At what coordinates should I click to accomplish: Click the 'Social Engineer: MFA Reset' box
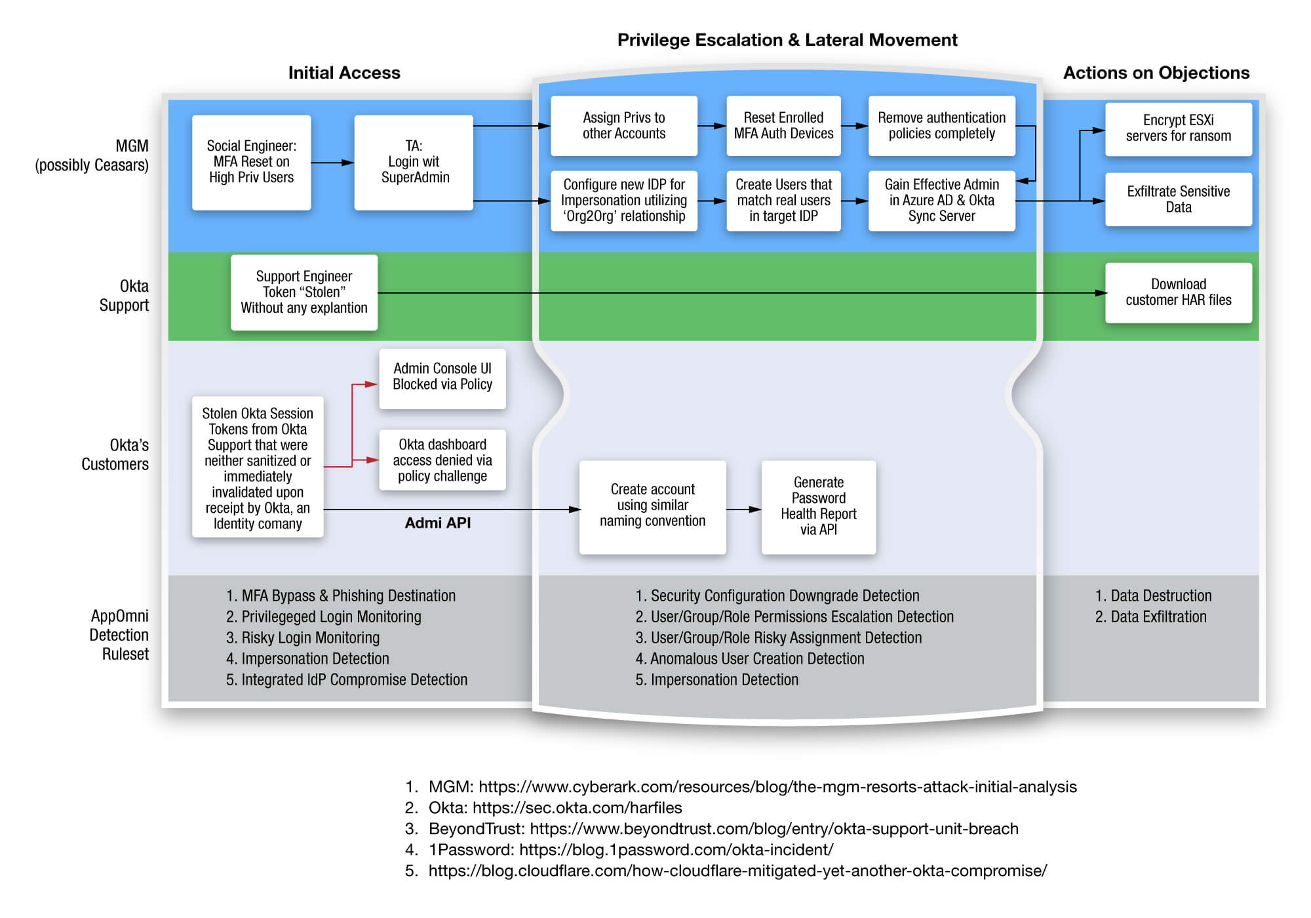(x=251, y=162)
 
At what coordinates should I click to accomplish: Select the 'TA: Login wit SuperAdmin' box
(x=414, y=162)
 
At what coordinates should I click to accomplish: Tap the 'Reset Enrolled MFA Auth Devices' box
(x=783, y=126)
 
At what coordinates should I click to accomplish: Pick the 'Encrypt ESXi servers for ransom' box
(x=1178, y=129)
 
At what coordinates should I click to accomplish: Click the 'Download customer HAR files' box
(x=1178, y=292)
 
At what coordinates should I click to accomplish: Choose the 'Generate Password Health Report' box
(x=818, y=507)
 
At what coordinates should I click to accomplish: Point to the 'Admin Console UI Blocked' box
(x=442, y=378)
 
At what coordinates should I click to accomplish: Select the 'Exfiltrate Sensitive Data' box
(x=1178, y=199)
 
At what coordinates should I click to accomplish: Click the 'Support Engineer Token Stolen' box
(x=303, y=292)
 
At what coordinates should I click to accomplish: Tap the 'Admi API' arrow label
(x=437, y=523)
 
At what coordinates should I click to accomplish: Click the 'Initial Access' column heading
(x=344, y=73)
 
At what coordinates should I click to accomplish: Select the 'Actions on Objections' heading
(x=1156, y=73)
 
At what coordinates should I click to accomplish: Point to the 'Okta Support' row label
(x=124, y=296)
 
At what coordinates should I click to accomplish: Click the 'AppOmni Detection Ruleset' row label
(x=119, y=635)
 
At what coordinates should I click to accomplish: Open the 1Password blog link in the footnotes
(x=676, y=850)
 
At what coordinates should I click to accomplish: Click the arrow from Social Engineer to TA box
(x=332, y=163)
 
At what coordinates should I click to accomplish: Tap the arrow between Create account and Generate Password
(x=743, y=509)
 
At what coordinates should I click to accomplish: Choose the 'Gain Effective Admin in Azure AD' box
(x=941, y=201)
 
